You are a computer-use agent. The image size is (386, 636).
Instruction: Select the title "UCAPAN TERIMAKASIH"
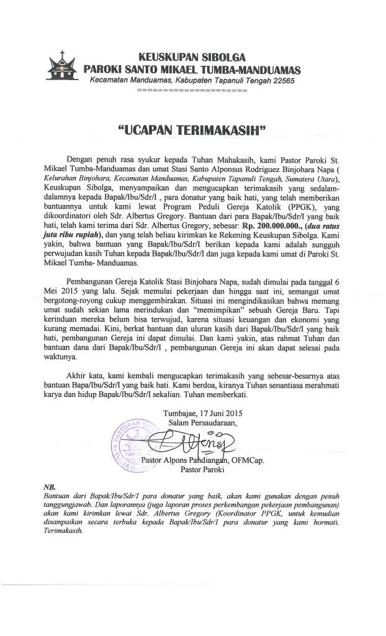192,130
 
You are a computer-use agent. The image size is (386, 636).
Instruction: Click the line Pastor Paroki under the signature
202,470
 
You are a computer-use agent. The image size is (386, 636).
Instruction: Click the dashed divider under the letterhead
192,91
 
